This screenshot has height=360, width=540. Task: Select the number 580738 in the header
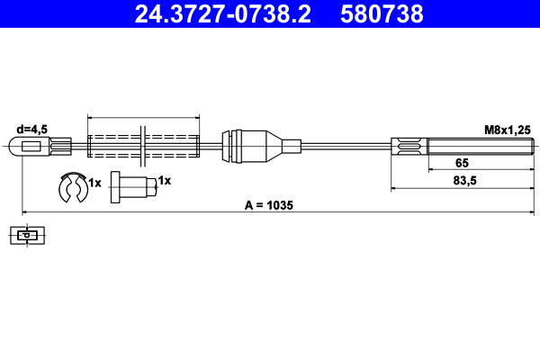coord(382,13)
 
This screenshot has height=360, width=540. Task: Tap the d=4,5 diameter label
coord(32,128)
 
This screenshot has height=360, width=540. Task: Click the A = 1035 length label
coord(269,205)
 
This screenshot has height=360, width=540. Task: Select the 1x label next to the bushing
coord(164,181)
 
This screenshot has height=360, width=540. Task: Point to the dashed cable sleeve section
coord(144,146)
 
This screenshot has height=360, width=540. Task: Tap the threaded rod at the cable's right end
coord(477,146)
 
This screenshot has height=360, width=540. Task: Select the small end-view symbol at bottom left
coord(31,237)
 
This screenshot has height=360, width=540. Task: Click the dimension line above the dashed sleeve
coord(144,117)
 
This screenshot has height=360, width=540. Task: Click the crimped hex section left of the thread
coord(409,146)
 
